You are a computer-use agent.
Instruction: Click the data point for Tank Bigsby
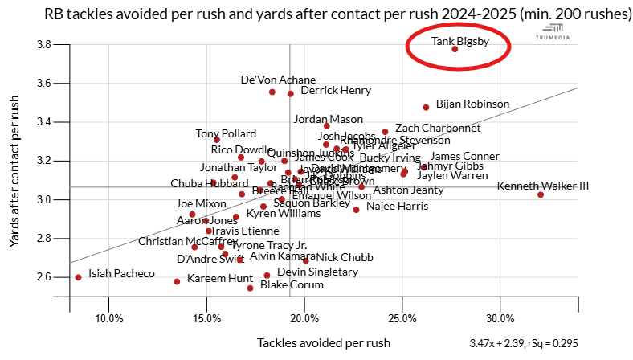(455, 49)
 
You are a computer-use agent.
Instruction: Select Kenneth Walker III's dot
(541, 194)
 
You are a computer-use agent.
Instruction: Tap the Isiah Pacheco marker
(78, 277)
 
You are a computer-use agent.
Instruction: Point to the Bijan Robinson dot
(426, 107)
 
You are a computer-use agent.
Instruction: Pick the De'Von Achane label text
(278, 80)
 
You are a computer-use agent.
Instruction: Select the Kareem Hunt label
(220, 279)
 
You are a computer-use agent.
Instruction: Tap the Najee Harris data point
(356, 210)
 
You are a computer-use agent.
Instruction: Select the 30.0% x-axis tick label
(500, 317)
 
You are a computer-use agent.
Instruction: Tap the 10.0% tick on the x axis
(109, 317)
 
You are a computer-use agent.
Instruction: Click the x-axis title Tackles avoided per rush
(324, 343)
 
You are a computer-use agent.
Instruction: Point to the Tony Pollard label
(226, 133)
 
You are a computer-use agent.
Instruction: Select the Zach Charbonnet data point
(385, 132)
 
